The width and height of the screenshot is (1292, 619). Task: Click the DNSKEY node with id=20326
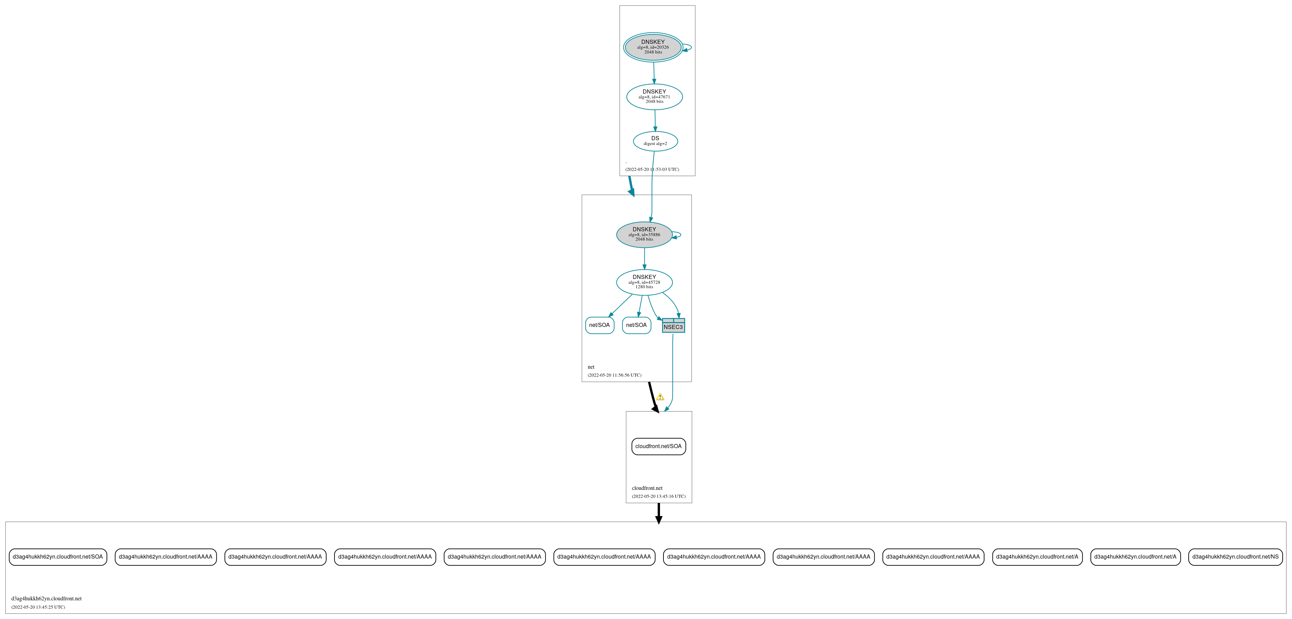(x=653, y=47)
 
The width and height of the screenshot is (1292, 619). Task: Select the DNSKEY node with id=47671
(x=654, y=97)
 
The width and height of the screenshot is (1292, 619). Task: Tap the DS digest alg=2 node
(x=656, y=141)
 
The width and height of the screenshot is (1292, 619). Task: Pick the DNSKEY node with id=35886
(x=644, y=234)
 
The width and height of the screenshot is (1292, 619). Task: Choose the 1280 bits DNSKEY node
(x=644, y=282)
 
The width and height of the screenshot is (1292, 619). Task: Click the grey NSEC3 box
(x=673, y=325)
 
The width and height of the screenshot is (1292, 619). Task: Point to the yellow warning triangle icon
(x=660, y=397)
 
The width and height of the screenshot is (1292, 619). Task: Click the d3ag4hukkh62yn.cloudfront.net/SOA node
(x=58, y=557)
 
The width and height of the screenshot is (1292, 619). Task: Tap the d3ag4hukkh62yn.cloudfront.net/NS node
(x=1235, y=557)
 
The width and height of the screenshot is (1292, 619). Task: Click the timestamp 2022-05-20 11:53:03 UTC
(x=652, y=170)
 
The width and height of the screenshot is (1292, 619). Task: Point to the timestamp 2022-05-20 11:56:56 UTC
(x=614, y=375)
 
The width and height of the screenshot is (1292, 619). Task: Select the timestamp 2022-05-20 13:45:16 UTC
(x=659, y=496)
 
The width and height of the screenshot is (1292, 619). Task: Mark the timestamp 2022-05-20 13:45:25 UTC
(x=38, y=607)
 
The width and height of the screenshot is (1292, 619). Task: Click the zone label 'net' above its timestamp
(x=591, y=367)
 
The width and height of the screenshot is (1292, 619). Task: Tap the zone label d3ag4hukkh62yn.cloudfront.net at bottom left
(x=46, y=598)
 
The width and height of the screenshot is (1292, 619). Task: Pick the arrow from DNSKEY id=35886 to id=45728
(x=644, y=259)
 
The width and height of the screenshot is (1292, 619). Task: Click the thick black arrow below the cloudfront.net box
(x=659, y=513)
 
